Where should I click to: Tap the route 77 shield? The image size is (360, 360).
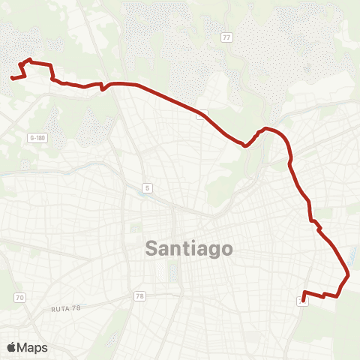pyautogui.click(x=226, y=37)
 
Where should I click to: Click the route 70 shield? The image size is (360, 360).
pyautogui.click(x=19, y=298)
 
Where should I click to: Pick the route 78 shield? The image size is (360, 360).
pyautogui.click(x=139, y=297)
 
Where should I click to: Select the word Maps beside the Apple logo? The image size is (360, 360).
pyautogui.click(x=32, y=347)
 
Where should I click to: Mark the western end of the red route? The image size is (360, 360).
pyautogui.click(x=11, y=77)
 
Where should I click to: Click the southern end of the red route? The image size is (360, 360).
pyautogui.click(x=301, y=301)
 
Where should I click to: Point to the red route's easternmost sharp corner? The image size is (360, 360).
pyautogui.click(x=349, y=274)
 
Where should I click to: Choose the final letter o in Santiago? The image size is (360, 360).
pyautogui.click(x=226, y=249)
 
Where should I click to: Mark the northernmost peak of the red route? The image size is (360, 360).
pyautogui.click(x=30, y=59)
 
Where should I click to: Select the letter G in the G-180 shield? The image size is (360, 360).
pyautogui.click(x=31, y=138)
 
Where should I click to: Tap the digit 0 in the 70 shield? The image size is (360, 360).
pyautogui.click(x=21, y=298)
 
